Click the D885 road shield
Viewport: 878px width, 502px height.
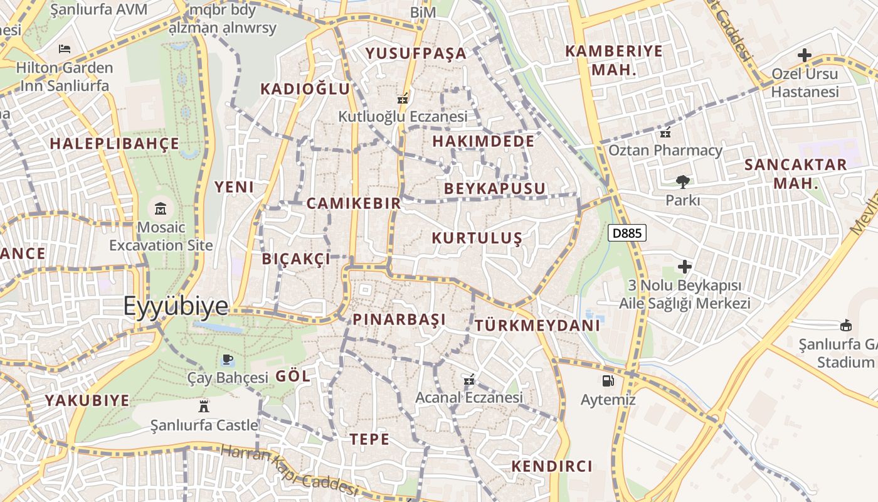[x=627, y=233]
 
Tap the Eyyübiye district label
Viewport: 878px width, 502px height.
[x=176, y=306]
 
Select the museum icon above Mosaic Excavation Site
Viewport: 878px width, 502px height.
[x=161, y=208]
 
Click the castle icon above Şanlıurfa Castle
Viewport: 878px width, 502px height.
[x=203, y=406]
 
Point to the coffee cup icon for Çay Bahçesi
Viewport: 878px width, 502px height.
[x=228, y=360]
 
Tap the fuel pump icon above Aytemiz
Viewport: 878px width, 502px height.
[x=607, y=380]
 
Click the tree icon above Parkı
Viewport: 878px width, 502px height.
[x=682, y=182]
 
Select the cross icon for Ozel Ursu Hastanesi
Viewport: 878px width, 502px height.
[x=805, y=55]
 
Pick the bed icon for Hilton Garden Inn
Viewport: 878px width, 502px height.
[x=64, y=48]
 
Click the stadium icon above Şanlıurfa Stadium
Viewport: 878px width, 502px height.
[x=846, y=325]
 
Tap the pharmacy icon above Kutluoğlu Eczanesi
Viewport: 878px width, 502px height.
[x=403, y=99]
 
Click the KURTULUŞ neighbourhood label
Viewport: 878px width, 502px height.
[x=477, y=238]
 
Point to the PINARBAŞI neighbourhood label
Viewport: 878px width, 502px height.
[x=399, y=319]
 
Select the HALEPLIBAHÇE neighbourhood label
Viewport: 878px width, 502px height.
[x=115, y=143]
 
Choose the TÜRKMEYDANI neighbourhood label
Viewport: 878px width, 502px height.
[x=537, y=326]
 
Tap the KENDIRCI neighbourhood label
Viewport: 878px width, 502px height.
[x=552, y=466]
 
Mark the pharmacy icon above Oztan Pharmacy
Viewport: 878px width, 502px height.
[x=665, y=132]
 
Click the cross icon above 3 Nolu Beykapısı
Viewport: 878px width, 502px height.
[x=685, y=267]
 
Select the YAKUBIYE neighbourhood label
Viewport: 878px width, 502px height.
[x=87, y=400]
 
